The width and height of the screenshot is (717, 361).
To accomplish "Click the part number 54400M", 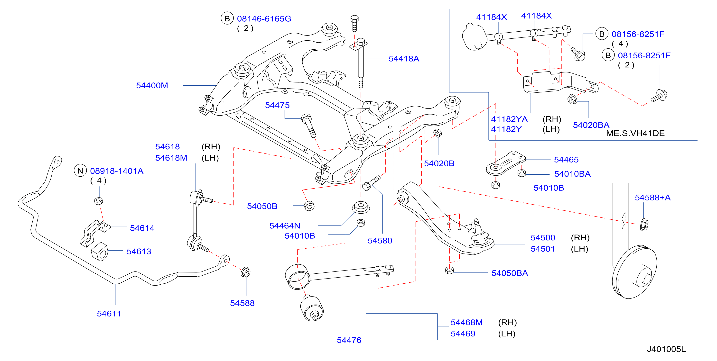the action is (152, 85).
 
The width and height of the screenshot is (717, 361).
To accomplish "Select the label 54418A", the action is (404, 59).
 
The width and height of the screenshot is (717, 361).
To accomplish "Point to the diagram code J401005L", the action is (666, 349).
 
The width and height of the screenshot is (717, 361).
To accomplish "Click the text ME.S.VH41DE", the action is (635, 133).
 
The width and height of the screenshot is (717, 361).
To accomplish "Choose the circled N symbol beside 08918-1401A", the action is (80, 171).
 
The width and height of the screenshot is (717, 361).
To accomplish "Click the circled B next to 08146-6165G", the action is (227, 18).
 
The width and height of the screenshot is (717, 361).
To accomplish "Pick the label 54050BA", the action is (510, 273).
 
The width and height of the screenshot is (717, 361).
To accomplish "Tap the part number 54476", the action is (349, 340).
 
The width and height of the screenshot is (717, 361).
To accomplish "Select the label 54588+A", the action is (652, 198).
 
